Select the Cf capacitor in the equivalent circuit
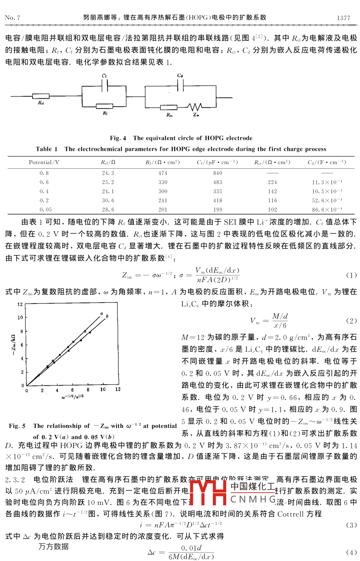(104, 83)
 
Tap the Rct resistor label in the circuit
(169, 115)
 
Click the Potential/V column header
(44, 162)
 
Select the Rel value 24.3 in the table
(108, 173)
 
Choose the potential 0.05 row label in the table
(44, 210)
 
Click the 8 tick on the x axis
(88, 389)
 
